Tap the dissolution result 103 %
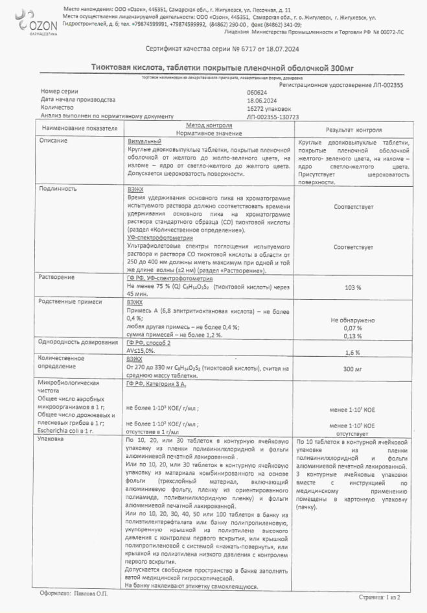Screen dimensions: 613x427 353,287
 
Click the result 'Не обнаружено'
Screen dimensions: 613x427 353,320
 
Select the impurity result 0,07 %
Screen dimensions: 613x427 353,328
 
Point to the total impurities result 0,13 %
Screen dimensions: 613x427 353,336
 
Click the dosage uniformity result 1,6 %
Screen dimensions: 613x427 353,352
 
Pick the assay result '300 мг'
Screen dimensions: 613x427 353,368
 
